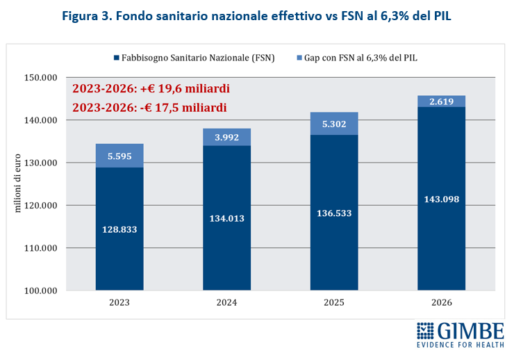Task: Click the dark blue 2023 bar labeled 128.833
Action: click(x=119, y=229)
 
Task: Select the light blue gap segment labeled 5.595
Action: click(x=119, y=157)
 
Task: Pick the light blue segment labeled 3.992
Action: click(x=226, y=138)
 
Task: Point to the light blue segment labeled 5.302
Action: click(x=334, y=124)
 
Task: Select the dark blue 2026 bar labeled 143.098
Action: click(x=441, y=199)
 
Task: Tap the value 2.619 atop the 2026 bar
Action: click(x=441, y=101)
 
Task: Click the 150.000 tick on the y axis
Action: click(x=40, y=78)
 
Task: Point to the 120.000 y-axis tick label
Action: click(x=40, y=205)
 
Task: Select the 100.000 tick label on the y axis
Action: click(x=40, y=290)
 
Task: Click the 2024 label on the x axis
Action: click(x=226, y=303)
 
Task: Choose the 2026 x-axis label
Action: click(x=441, y=303)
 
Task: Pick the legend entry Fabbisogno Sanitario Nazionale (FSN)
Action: click(x=193, y=58)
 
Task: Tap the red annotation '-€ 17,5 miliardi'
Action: click(x=149, y=108)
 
